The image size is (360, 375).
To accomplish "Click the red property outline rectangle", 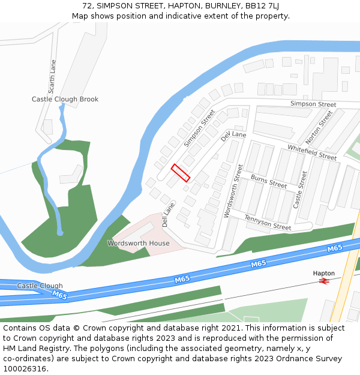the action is [x=181, y=173].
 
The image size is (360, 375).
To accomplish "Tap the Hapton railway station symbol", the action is [x=325, y=280].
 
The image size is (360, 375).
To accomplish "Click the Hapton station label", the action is [x=324, y=273].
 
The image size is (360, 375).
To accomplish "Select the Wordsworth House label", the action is [x=138, y=243].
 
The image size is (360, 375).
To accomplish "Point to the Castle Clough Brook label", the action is [x=65, y=99].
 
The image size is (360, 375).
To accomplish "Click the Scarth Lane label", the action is [x=53, y=74].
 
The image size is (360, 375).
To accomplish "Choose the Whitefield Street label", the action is [x=312, y=152].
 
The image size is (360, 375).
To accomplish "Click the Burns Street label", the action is [x=269, y=181].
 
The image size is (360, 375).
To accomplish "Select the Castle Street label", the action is [x=299, y=190].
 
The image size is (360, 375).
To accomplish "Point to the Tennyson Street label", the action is [x=268, y=223].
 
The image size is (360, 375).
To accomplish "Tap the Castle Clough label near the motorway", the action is [x=40, y=286].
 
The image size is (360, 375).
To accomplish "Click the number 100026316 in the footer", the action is [x=25, y=369].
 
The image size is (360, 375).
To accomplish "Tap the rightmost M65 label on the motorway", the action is [x=334, y=248].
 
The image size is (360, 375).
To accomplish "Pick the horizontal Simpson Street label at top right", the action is [x=313, y=104].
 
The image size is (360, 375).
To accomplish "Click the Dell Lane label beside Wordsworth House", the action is [x=166, y=215].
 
